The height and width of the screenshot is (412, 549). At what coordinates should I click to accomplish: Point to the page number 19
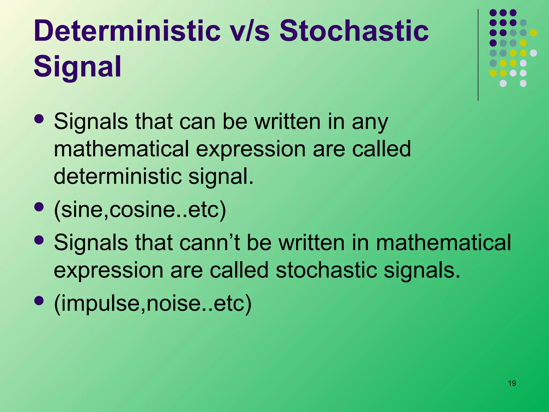click(x=512, y=383)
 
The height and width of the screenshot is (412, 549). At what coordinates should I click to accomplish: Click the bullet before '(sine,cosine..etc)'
click(x=39, y=207)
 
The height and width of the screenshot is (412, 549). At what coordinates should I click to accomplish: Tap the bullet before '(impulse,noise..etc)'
click(x=39, y=301)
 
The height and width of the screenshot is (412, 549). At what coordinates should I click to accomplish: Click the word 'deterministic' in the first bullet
click(x=117, y=176)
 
